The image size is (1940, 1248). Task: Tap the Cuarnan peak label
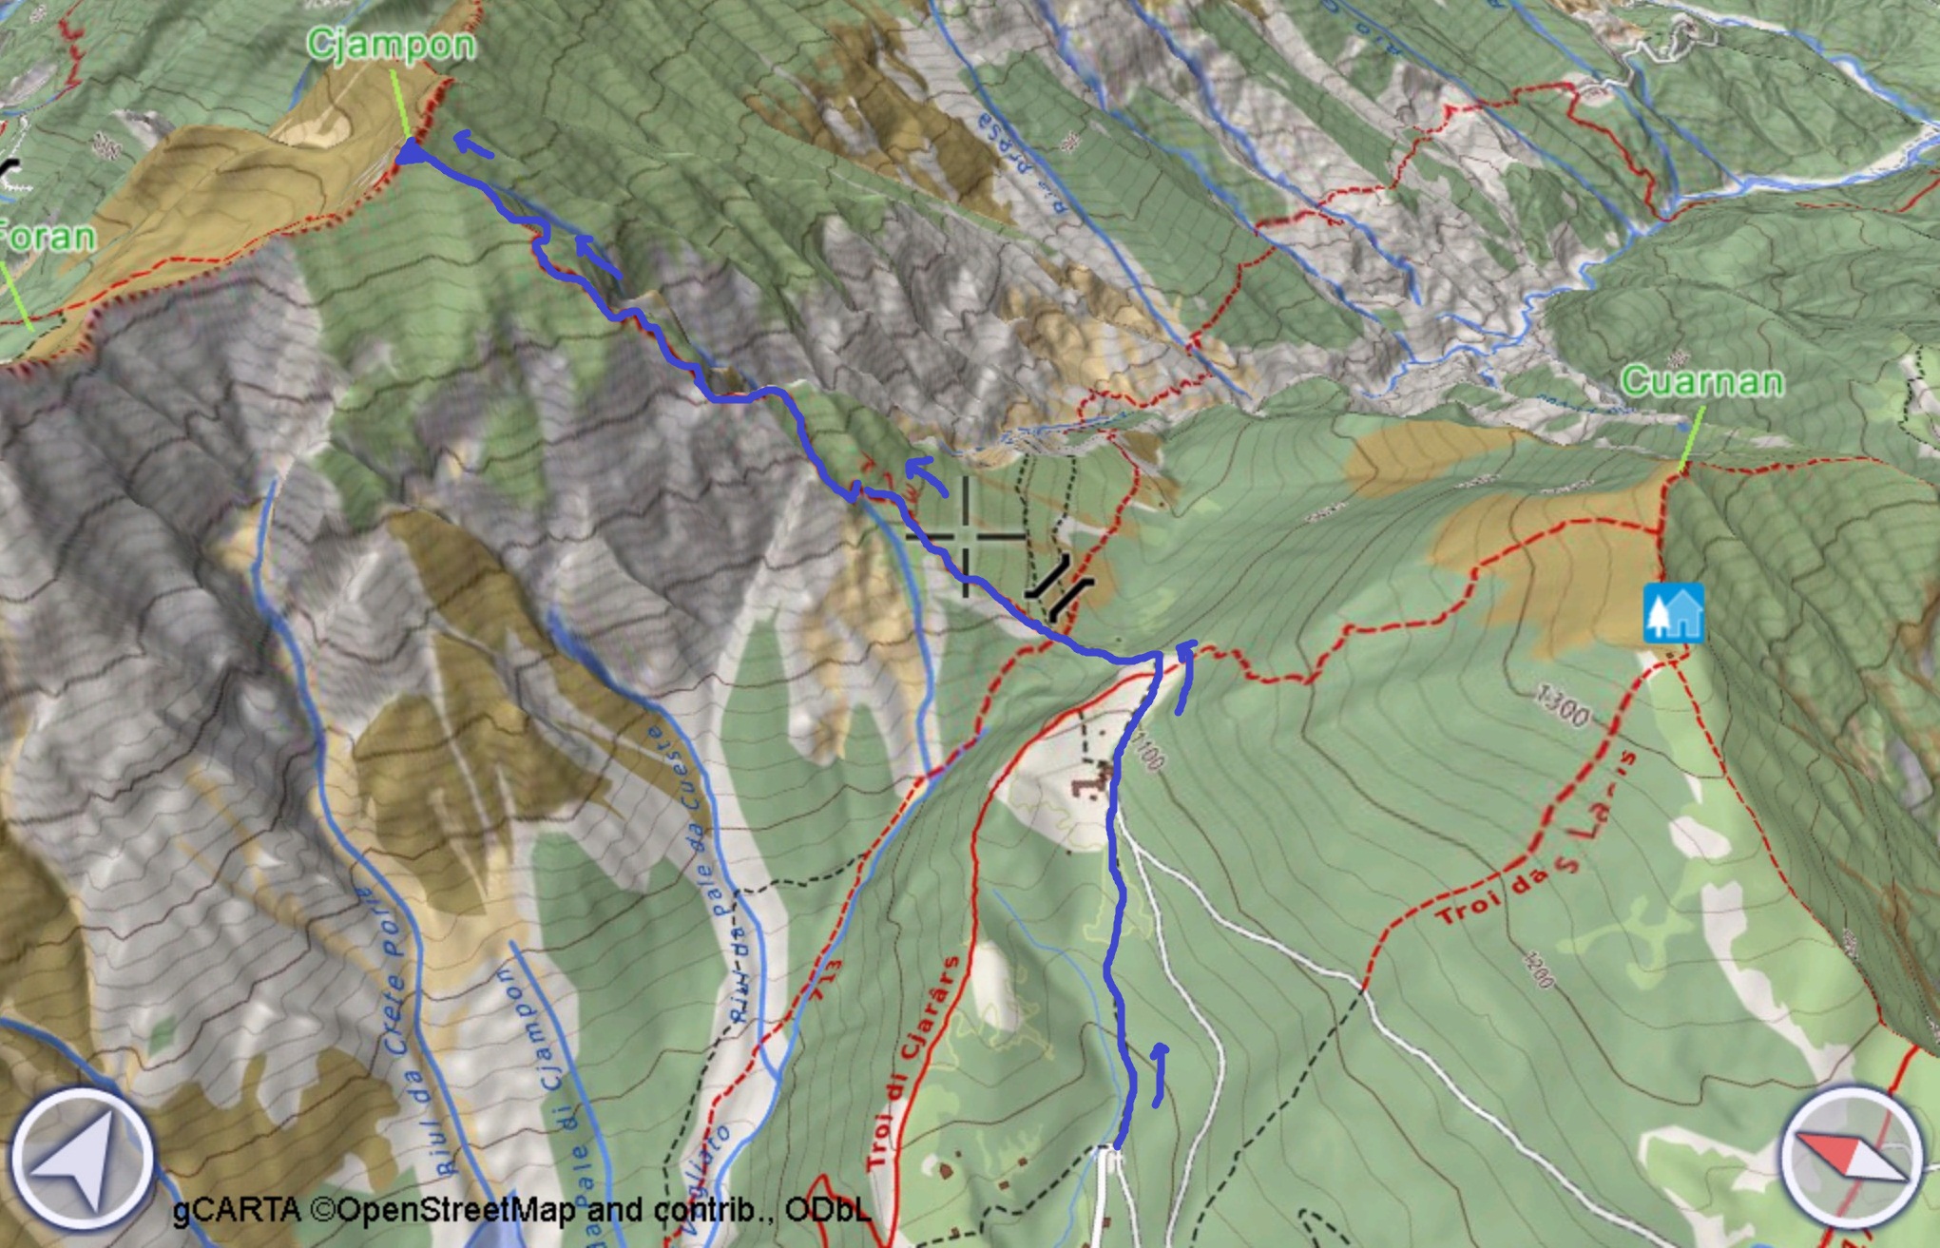point(1701,382)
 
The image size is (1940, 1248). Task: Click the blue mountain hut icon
point(1673,614)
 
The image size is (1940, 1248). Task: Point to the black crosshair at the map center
point(967,537)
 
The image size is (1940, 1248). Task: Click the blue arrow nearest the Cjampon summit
point(472,144)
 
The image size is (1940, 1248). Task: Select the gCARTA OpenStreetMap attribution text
point(521,1210)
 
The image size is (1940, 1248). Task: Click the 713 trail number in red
point(826,978)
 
